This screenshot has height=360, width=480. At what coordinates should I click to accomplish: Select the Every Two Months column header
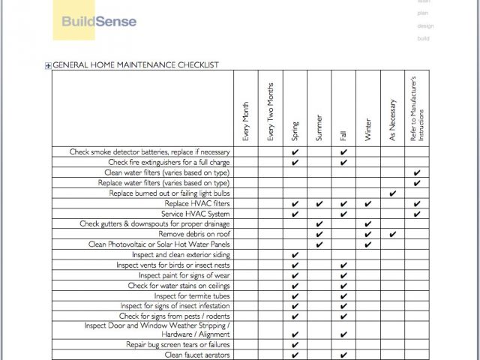[271, 112]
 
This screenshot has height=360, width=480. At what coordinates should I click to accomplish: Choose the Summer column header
[319, 127]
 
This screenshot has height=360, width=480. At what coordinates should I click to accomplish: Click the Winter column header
[367, 129]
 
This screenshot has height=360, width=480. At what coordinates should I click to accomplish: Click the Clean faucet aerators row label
[196, 355]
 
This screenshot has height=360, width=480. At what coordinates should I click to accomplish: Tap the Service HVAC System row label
[194, 214]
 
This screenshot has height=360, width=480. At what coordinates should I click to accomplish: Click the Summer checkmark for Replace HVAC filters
[319, 204]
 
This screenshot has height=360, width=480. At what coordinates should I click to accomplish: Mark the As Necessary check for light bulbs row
[392, 193]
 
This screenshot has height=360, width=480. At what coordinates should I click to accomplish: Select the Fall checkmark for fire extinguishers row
[343, 163]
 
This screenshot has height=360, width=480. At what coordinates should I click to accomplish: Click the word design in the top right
[425, 25]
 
